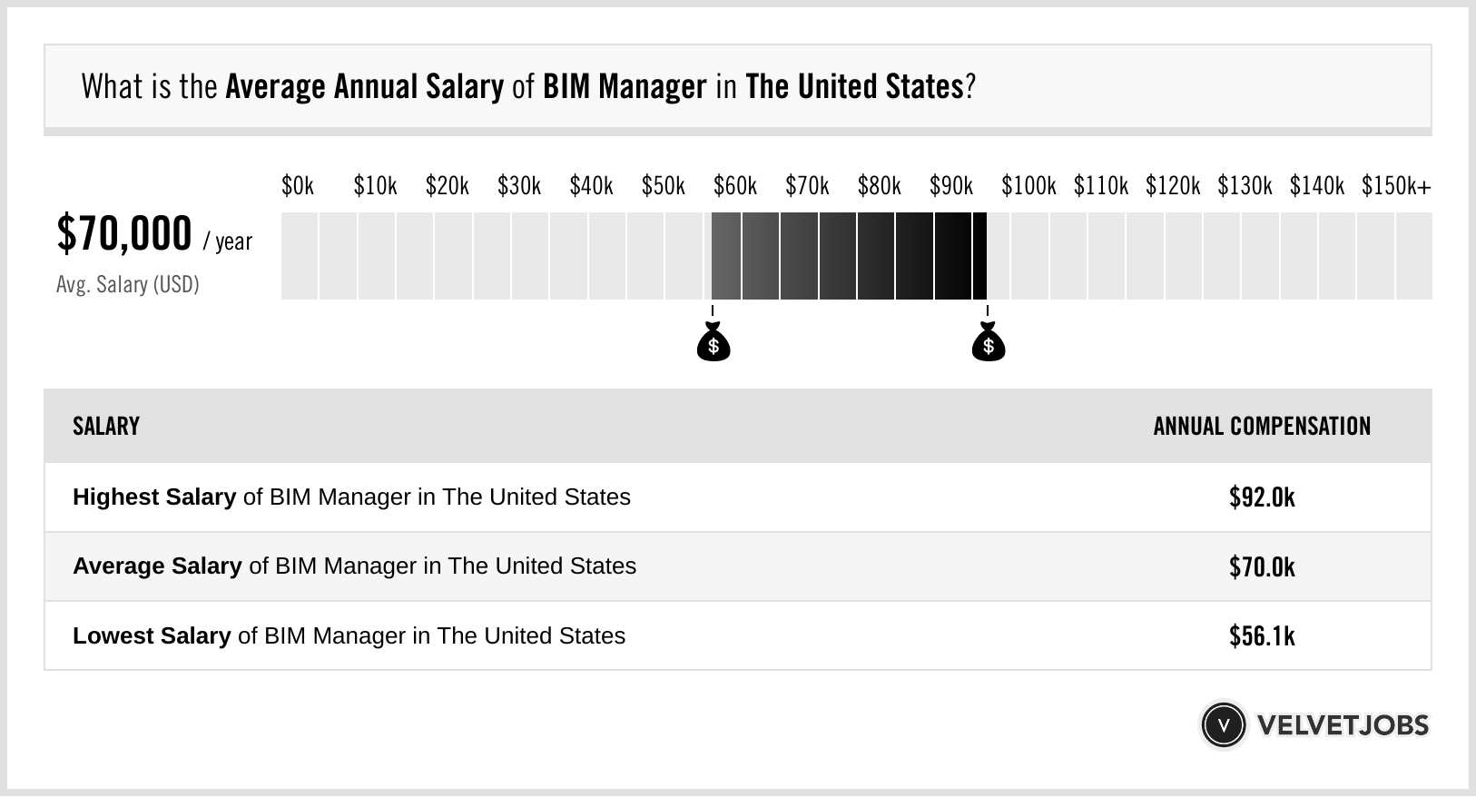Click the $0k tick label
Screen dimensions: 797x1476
(x=297, y=186)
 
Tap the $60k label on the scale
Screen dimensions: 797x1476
(x=734, y=186)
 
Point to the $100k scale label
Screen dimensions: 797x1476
(x=1028, y=186)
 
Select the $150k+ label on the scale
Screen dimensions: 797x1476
(x=1395, y=186)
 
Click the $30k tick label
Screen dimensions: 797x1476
(x=518, y=186)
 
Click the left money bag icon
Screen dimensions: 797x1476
(x=713, y=343)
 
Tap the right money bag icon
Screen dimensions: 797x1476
(x=988, y=343)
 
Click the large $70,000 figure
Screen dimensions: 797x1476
(x=124, y=233)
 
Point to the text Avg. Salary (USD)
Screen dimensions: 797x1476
(x=127, y=285)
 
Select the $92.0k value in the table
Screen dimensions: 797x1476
(x=1262, y=497)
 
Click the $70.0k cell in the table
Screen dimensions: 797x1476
(x=1262, y=566)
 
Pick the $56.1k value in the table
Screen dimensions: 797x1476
(x=1262, y=636)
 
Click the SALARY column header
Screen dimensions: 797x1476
(x=106, y=427)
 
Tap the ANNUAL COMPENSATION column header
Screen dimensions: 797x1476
(x=1262, y=427)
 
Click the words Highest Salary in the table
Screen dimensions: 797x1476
(x=154, y=497)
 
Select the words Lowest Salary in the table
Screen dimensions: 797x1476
(x=152, y=636)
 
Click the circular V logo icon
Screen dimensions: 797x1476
(x=1223, y=724)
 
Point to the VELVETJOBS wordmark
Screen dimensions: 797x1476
(x=1343, y=725)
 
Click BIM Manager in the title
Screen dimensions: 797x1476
(x=625, y=87)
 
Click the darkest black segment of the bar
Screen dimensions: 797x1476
(x=979, y=256)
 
